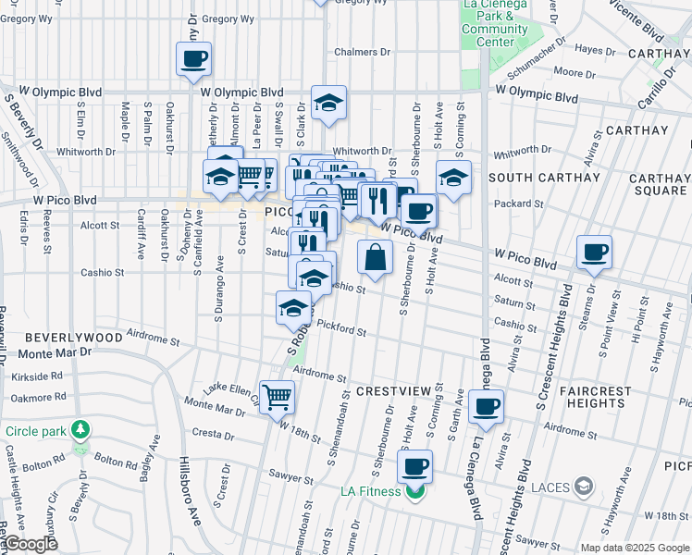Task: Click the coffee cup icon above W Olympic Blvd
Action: point(193,60)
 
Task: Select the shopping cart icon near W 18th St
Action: point(278,398)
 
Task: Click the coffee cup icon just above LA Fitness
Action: point(415,465)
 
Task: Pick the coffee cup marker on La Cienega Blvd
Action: point(486,406)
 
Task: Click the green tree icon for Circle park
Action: point(81,430)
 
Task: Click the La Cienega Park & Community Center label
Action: point(495,23)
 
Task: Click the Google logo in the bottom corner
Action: point(30,545)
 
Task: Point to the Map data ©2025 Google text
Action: point(635,548)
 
